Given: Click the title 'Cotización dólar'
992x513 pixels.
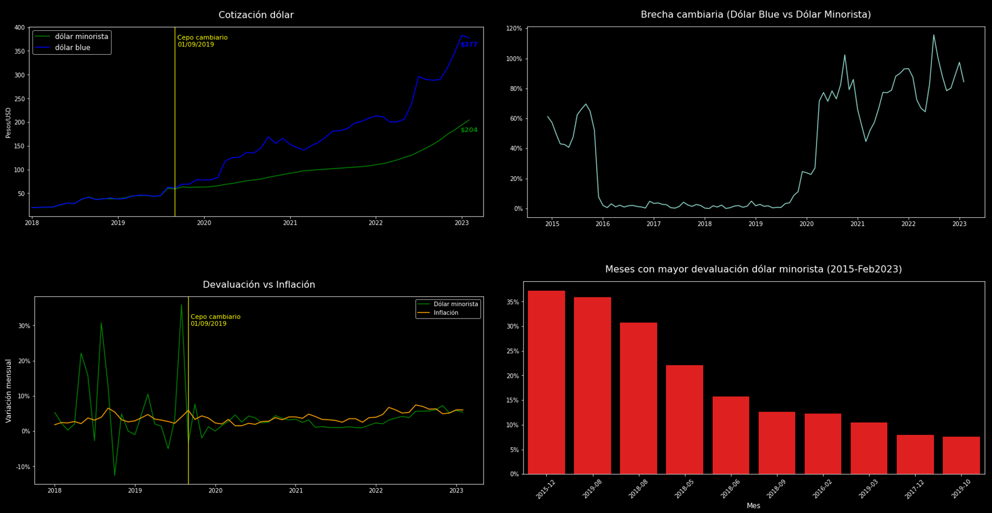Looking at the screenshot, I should pos(256,15).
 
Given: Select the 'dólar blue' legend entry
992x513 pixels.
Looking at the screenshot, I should pos(73,48).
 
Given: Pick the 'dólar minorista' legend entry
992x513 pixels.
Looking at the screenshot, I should pos(81,37).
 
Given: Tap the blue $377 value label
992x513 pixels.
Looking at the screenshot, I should pos(469,45).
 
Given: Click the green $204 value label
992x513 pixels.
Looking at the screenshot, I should pos(469,130).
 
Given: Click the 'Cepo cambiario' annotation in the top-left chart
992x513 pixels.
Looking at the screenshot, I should pos(203,41).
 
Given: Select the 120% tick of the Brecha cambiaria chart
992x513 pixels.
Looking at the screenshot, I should pos(514,28).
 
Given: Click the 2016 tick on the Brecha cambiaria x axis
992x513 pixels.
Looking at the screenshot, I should pos(603,224).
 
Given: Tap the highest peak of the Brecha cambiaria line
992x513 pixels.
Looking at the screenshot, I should pos(934,35).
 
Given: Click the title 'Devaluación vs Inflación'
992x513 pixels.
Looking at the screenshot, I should pos(259,285).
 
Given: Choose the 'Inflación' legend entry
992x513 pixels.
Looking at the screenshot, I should pos(446,313).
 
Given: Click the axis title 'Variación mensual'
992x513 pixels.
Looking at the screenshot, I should pos(9,391).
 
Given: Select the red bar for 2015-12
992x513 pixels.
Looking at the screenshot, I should pos(546,382).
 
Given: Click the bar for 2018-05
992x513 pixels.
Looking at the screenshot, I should pos(684,419).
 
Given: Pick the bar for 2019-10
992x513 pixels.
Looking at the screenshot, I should pos(961,455).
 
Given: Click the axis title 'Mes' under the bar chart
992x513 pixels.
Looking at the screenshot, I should pos(753,506).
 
